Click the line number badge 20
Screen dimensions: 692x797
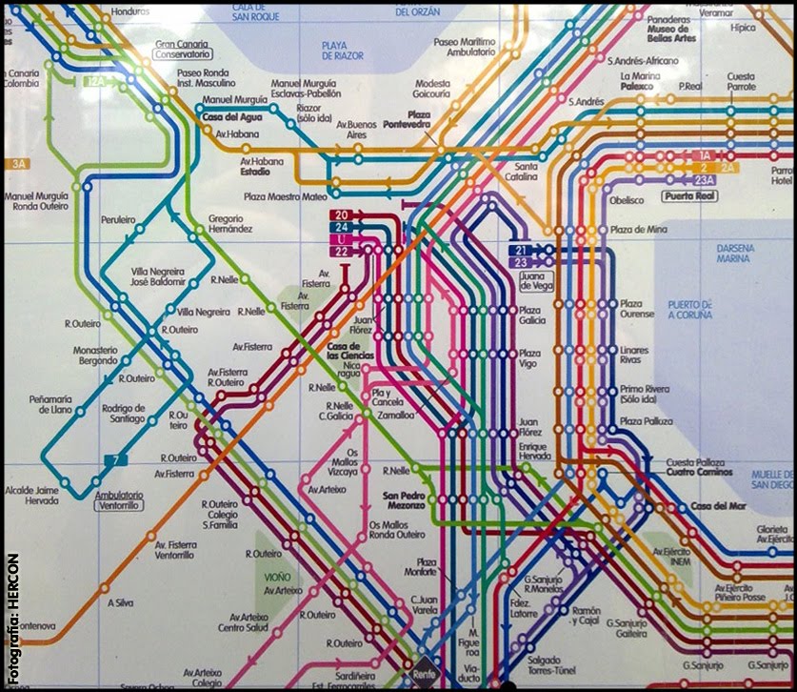(341, 214)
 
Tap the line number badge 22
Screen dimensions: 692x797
(341, 252)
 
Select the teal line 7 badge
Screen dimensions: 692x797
(115, 461)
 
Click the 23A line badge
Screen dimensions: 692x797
(704, 180)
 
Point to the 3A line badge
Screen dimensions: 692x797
(18, 164)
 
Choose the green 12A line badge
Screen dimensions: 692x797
(95, 82)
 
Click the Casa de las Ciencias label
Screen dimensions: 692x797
(348, 350)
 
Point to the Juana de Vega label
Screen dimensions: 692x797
(537, 280)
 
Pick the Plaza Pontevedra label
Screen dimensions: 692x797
(407, 119)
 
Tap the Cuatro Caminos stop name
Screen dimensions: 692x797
(699, 472)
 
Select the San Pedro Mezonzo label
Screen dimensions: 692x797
(405, 500)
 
